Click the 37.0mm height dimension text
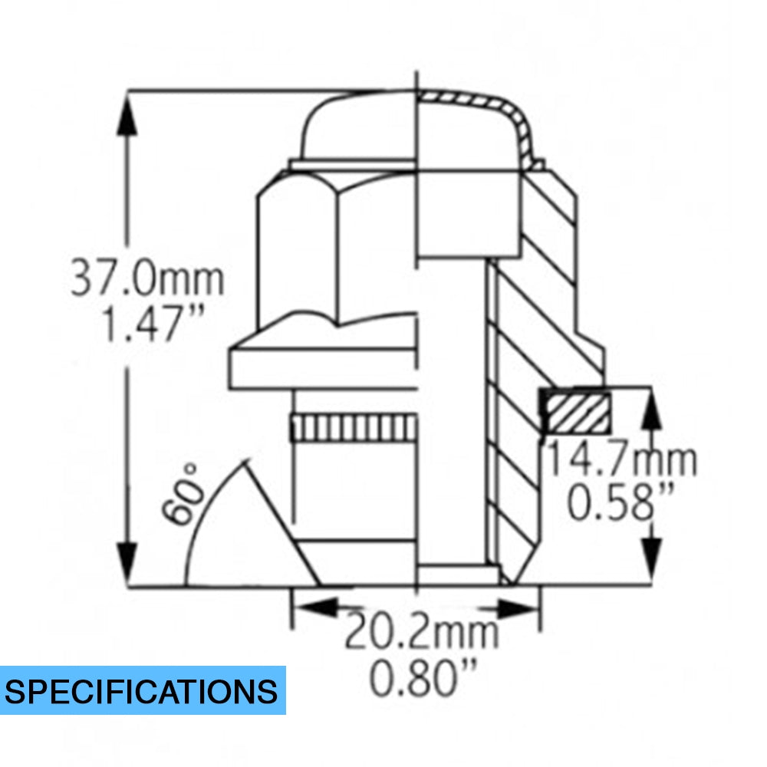(147, 279)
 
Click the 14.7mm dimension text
(621, 460)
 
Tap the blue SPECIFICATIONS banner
(143, 690)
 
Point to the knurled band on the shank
(353, 426)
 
